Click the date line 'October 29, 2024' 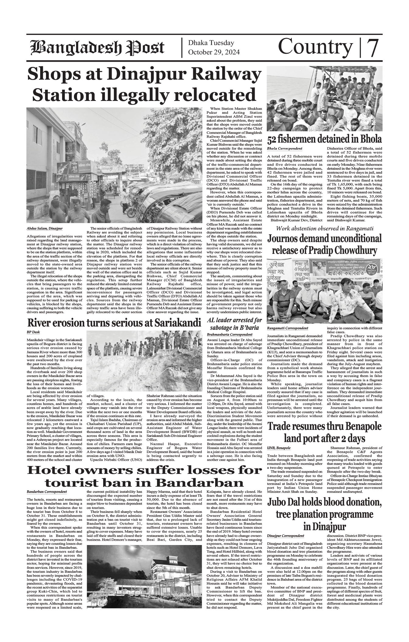click(214, 52)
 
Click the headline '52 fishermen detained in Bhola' click(324, 139)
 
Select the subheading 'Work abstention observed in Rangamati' click(324, 228)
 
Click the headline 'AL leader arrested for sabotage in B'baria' click(234, 324)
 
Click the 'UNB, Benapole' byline click(279, 448)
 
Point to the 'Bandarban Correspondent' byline click(47, 492)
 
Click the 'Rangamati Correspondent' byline click(287, 328)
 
